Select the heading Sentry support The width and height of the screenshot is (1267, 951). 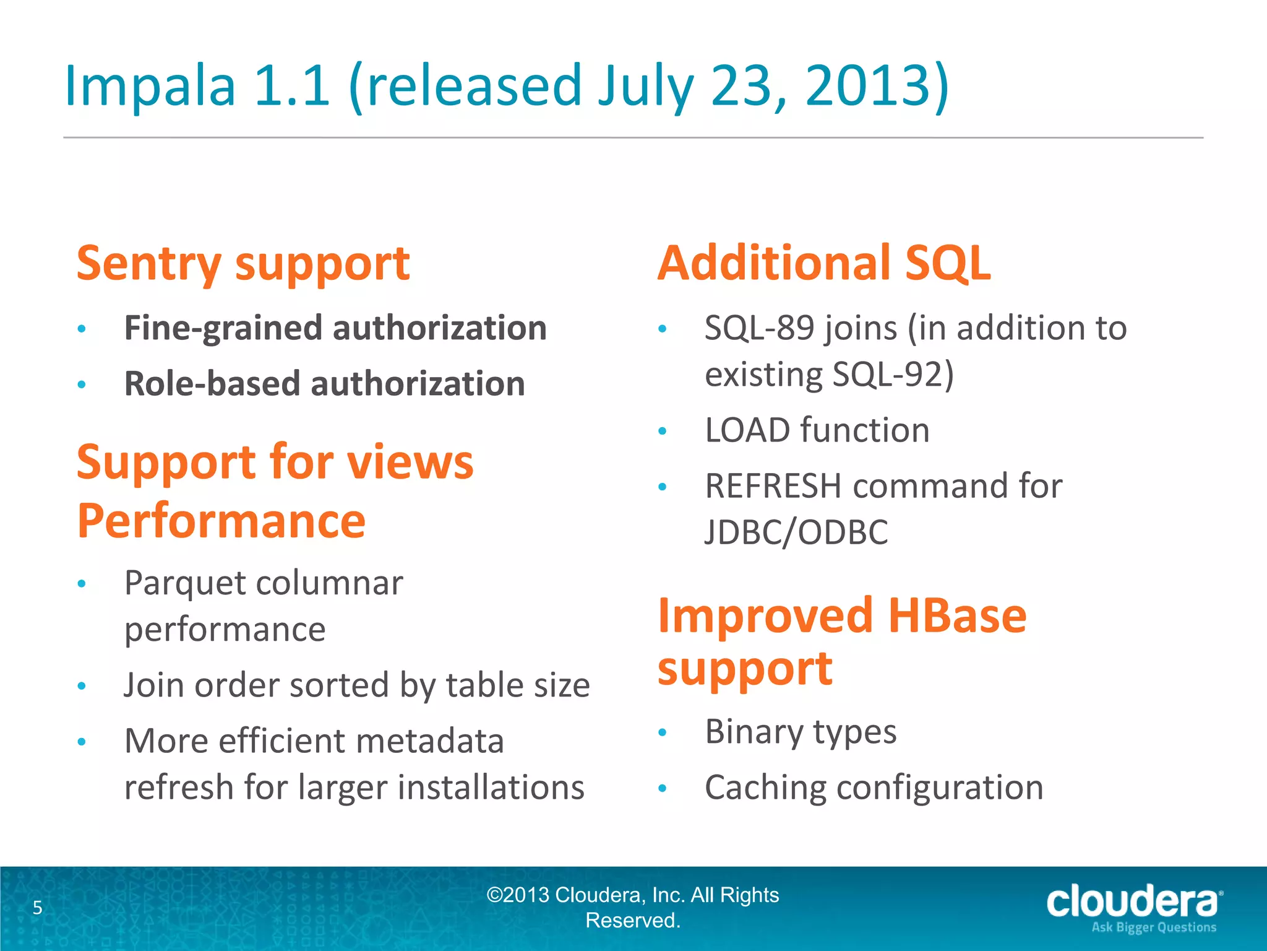(243, 264)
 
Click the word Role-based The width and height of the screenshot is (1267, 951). (212, 384)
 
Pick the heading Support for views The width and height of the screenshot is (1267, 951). (275, 462)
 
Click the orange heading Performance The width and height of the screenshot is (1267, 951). (221, 521)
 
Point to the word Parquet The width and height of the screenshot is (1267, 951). (185, 584)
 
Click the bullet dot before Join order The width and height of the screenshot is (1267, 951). (81, 686)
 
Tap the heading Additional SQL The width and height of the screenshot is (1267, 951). (823, 264)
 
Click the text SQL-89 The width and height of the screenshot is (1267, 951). (758, 328)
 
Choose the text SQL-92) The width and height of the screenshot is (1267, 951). (893, 375)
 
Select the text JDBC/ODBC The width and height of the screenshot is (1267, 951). (796, 532)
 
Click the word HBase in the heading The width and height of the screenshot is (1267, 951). (957, 616)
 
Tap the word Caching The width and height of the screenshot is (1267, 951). (765, 788)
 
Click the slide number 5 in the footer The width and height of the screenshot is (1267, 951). (38, 908)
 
